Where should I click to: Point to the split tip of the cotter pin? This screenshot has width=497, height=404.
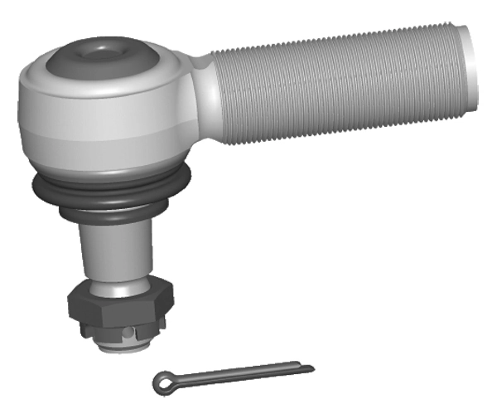[x=308, y=367]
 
